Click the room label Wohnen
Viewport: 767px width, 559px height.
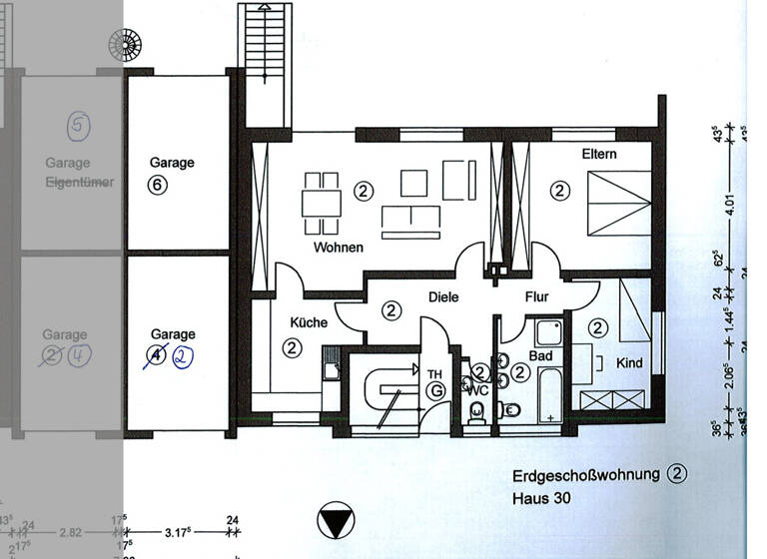339,248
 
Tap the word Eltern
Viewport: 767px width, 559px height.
599,155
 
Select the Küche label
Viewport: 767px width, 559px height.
309,322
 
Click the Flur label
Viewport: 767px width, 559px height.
537,296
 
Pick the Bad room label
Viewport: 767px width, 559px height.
540,355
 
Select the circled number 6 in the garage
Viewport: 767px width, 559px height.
156,184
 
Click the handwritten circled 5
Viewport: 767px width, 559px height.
79,126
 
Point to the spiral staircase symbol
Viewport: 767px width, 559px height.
126,45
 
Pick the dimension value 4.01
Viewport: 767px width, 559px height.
730,206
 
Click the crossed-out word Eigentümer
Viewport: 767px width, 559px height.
80,183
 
